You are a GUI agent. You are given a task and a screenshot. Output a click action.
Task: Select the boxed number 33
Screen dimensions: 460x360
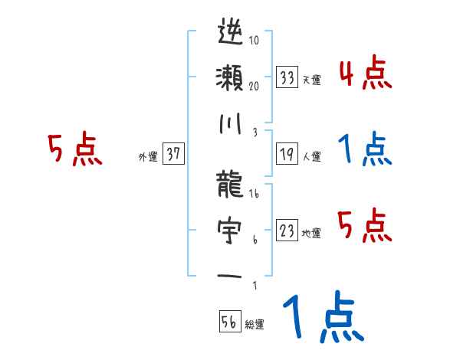(x=287, y=77)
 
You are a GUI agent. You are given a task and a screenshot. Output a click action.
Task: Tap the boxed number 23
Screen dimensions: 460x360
(x=287, y=231)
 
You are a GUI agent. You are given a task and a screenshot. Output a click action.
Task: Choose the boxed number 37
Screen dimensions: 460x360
(x=173, y=154)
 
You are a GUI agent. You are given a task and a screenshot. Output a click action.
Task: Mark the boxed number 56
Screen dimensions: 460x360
(x=228, y=322)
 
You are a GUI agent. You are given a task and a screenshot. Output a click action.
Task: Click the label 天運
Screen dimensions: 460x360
(x=311, y=80)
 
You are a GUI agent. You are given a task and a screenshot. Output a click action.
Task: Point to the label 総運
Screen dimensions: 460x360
(x=254, y=324)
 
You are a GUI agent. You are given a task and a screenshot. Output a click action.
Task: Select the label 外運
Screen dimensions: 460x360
(x=147, y=156)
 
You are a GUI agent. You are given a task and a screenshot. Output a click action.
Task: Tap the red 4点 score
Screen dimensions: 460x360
(x=365, y=74)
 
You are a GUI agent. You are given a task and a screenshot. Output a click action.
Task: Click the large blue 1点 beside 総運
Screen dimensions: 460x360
(x=322, y=319)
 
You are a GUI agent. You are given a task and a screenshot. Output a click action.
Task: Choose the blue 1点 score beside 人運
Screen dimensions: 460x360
(x=365, y=150)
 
